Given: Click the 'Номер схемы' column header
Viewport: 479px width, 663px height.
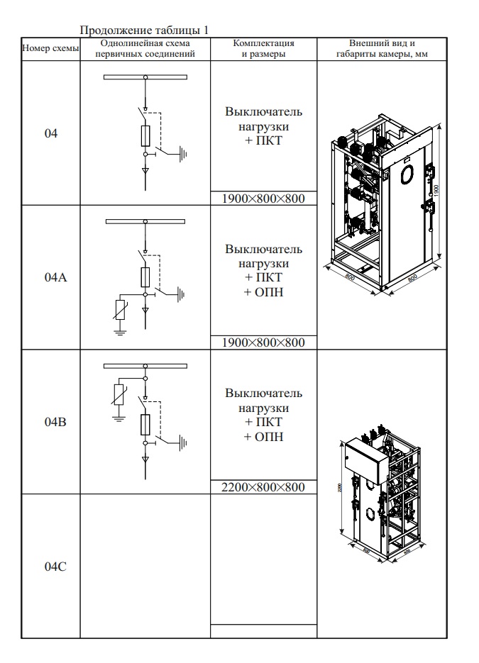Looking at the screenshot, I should click(50, 49).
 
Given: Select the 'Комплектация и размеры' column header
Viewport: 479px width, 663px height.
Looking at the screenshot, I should click(263, 49).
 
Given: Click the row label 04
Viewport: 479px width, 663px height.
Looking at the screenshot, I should click(50, 133).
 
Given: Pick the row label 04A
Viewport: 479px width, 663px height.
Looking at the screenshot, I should click(50, 277).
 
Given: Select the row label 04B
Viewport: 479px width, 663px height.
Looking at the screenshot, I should click(50, 421).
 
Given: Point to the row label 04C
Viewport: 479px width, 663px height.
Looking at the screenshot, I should click(50, 566).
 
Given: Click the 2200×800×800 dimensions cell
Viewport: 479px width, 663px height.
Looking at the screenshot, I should click(263, 487).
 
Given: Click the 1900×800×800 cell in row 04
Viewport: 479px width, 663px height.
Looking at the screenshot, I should click(263, 199).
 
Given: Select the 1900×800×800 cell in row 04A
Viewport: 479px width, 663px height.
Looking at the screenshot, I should click(263, 342).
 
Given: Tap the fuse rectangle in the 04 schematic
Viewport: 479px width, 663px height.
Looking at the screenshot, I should click(145, 135).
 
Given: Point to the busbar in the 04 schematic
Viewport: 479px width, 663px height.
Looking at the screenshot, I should click(145, 77).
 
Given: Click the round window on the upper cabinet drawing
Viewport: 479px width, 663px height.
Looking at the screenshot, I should click(407, 172).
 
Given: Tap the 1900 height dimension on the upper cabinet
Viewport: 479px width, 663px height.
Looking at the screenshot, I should click(438, 190).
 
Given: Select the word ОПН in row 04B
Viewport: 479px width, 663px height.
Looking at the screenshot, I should click(263, 437).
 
